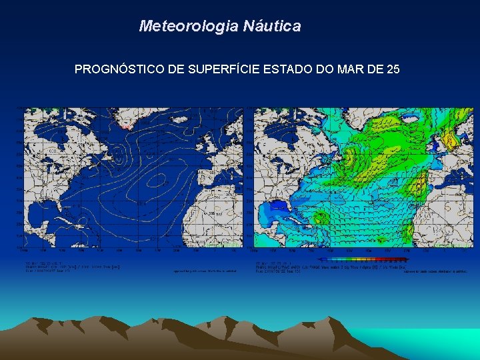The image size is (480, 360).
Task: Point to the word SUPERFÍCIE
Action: point(215,69)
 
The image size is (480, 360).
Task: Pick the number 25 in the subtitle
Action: point(392,69)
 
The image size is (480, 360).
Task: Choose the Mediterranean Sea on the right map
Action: point(460,179)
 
